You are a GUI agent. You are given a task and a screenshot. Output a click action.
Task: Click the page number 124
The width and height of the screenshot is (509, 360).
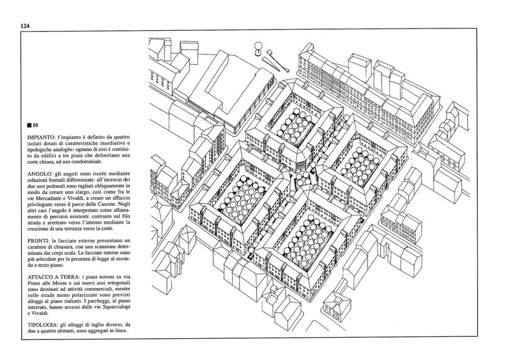coord(25,26)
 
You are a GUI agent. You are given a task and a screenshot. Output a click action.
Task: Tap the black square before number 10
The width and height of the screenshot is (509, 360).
coord(30,125)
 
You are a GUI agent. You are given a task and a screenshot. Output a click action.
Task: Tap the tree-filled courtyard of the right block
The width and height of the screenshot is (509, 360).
coord(361,167)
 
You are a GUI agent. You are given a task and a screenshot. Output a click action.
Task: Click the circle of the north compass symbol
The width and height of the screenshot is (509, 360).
coord(258,46)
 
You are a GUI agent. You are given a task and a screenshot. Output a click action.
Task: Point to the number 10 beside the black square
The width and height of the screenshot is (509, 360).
coord(36,125)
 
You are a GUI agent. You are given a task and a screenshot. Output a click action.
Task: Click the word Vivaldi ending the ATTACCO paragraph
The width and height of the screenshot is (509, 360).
coord(41,313)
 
